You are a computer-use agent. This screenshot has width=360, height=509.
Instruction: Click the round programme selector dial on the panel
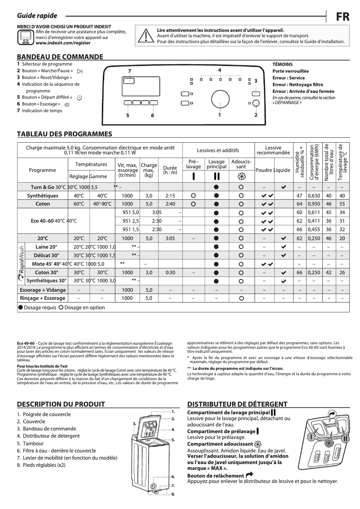point(220,99)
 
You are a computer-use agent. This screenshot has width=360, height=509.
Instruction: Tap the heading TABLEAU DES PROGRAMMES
point(64,134)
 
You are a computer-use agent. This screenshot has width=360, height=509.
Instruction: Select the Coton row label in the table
point(43,203)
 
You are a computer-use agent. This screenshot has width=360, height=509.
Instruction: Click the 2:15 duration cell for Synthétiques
point(170,196)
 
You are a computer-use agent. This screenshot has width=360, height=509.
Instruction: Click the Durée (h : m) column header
point(170,170)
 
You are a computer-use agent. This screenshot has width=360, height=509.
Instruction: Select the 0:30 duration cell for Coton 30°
point(170,272)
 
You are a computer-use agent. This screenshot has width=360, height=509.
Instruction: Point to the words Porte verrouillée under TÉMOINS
point(290,71)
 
